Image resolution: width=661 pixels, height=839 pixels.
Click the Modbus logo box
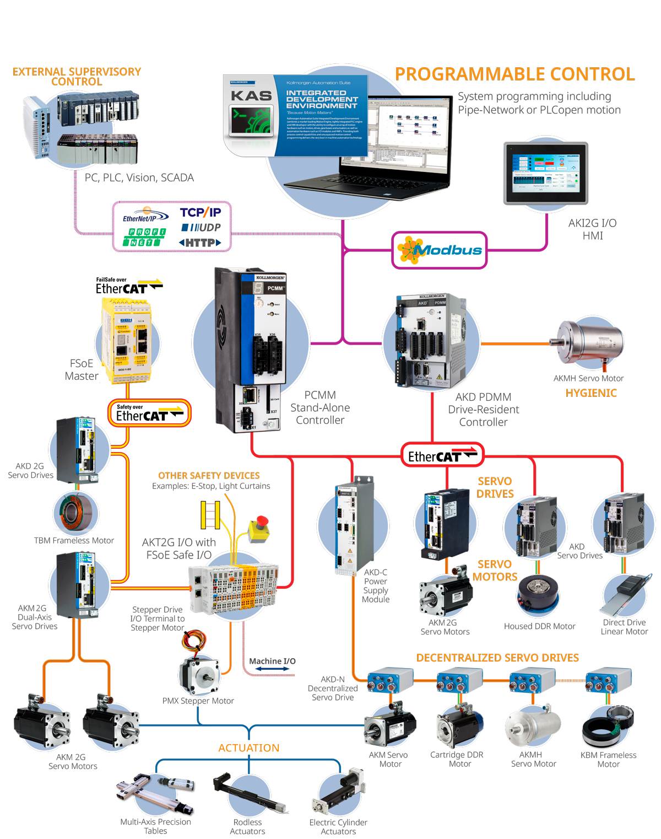pos(440,250)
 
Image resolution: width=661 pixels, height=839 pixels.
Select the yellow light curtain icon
pos(210,515)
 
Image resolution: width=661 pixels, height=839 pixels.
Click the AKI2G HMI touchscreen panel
pos(546,173)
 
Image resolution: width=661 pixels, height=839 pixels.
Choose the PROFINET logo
pos(144,237)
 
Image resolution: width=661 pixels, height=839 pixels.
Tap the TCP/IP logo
pos(200,213)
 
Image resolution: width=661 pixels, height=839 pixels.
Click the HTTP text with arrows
pos(200,243)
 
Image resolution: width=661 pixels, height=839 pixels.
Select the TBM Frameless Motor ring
pos(76,512)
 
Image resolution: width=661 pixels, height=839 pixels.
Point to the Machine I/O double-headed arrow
pos(272,669)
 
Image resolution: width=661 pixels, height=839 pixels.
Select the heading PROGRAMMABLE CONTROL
pos(514,74)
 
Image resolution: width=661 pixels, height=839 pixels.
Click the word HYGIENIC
pos(591,393)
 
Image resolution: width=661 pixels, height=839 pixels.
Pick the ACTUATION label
pos(249,748)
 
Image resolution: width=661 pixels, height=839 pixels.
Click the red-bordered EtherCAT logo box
pos(442,455)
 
